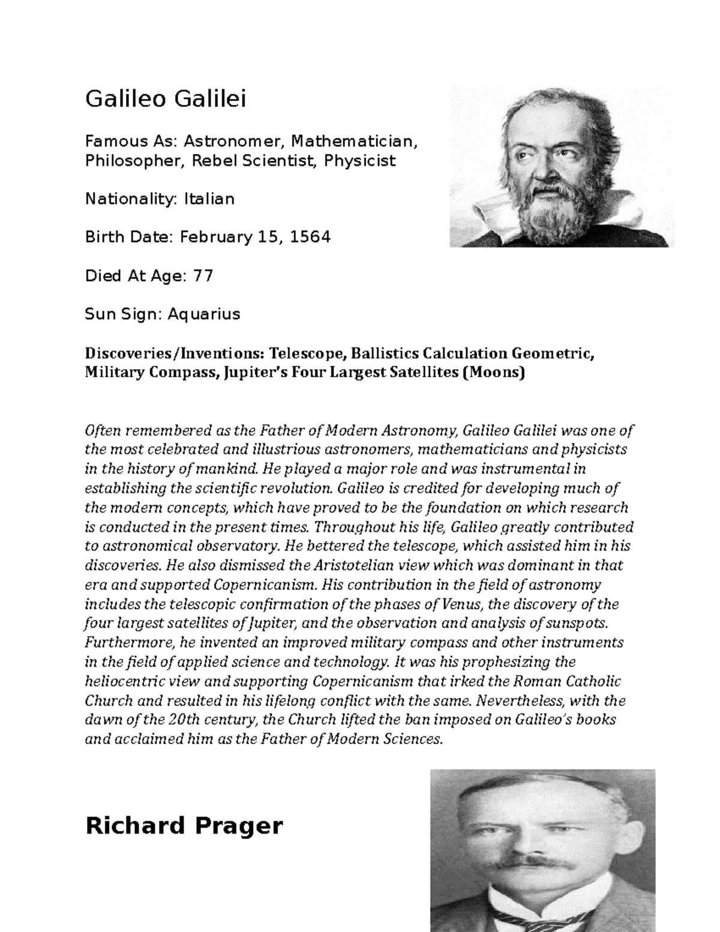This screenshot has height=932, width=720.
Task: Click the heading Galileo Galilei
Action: [x=166, y=100]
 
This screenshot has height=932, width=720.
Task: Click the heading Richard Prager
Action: [x=184, y=826]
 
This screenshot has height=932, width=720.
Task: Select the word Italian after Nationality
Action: [x=209, y=199]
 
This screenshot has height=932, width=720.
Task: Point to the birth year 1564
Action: [x=310, y=237]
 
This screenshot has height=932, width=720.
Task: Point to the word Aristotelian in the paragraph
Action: [x=353, y=565]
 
